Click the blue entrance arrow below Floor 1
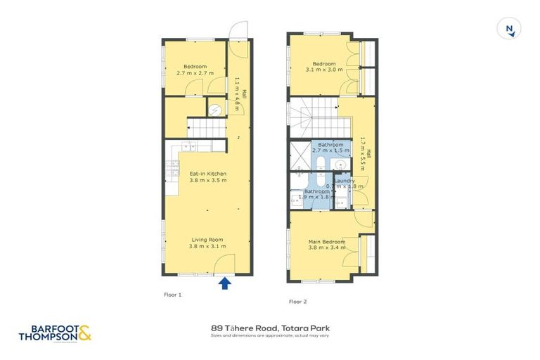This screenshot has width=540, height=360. click(225, 283)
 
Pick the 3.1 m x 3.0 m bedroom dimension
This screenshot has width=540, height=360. click(327, 70)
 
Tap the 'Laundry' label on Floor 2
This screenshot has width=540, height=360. click(344, 181)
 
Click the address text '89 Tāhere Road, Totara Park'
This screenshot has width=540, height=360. click(270, 328)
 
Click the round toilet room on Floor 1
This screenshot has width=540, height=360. click(216, 109)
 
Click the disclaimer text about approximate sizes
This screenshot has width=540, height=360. click(270, 335)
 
